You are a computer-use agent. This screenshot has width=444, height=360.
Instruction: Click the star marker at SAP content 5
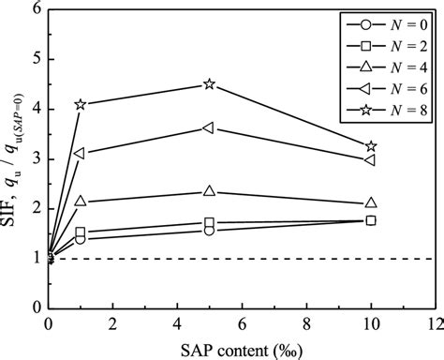click(209, 84)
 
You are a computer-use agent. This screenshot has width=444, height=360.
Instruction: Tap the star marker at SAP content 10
click(371, 146)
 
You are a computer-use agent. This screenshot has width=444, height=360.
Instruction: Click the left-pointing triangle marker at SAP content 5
click(209, 128)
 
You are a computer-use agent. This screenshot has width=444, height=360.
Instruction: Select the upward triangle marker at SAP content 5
click(209, 191)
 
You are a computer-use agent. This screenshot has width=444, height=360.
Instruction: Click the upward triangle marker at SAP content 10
click(371, 202)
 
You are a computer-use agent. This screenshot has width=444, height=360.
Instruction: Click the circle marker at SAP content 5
click(209, 231)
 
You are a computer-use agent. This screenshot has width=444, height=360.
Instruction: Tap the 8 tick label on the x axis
click(305, 323)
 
